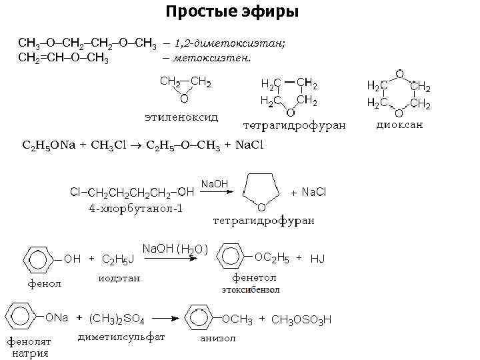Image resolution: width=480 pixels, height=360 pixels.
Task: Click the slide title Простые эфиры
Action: tap(233, 12)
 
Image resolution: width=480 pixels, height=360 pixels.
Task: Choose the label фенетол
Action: tap(253, 277)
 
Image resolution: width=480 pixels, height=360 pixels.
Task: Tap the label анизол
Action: tap(218, 338)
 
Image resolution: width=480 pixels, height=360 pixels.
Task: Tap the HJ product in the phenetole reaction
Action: tap(317, 258)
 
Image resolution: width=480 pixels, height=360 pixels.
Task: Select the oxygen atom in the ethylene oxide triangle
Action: tap(183, 99)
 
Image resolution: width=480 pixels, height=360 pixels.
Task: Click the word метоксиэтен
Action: tap(212, 57)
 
